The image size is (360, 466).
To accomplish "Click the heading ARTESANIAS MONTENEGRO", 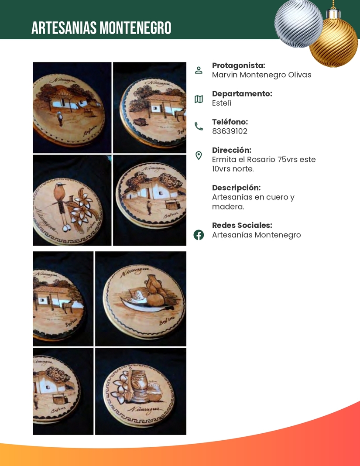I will (x=101, y=28).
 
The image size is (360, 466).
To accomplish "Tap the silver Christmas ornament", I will (x=298, y=23).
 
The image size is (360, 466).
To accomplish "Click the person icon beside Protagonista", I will (x=199, y=70).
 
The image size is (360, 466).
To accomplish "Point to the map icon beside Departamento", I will (x=199, y=99).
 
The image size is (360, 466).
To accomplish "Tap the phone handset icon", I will (x=199, y=127).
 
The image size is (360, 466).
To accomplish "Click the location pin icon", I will (x=199, y=156).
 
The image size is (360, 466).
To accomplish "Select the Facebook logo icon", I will (x=199, y=235).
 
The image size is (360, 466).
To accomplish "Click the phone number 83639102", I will (x=230, y=131).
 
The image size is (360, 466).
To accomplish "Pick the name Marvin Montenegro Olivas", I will (x=261, y=75).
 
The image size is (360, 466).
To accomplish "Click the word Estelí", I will (x=222, y=103).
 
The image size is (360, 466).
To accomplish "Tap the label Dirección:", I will (x=231, y=150).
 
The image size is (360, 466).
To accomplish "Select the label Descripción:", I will (x=236, y=188).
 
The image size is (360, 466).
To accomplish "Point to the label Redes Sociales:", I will (x=242, y=225).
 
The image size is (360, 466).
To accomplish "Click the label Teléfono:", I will (x=230, y=122).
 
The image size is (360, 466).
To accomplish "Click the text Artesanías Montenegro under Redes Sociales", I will (x=256, y=235).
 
